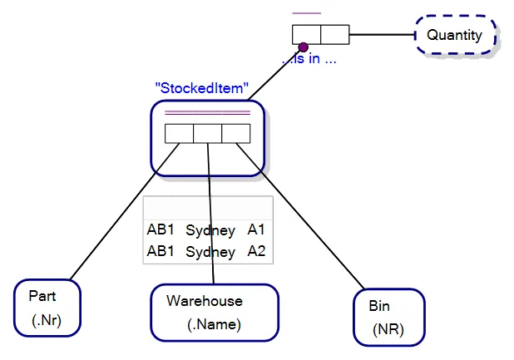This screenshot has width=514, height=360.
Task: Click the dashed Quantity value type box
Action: coord(455,36)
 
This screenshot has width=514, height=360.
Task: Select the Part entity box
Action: coord(47,308)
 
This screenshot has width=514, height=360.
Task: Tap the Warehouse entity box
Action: coord(214,312)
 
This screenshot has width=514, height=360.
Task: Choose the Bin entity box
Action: coord(388,317)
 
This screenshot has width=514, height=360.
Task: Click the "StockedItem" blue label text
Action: coord(202,86)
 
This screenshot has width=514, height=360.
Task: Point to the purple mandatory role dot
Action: coord(304,47)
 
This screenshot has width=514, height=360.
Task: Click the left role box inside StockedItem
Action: coord(179,133)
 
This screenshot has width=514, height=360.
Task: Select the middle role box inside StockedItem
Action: coord(207,133)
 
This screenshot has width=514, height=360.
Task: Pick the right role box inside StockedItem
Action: coord(235,133)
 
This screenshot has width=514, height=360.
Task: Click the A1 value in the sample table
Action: coord(256,229)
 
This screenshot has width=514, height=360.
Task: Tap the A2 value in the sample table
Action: coord(256,251)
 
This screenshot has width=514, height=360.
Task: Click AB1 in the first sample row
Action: coord(161,229)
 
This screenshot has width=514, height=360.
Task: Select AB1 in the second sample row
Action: coord(161,251)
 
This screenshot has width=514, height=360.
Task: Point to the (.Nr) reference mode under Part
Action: coord(47,320)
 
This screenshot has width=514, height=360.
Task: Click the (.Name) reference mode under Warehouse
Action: coord(214,324)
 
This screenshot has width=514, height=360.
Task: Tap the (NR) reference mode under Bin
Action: coord(388,329)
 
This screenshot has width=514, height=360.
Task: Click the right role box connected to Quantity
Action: coord(334,35)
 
